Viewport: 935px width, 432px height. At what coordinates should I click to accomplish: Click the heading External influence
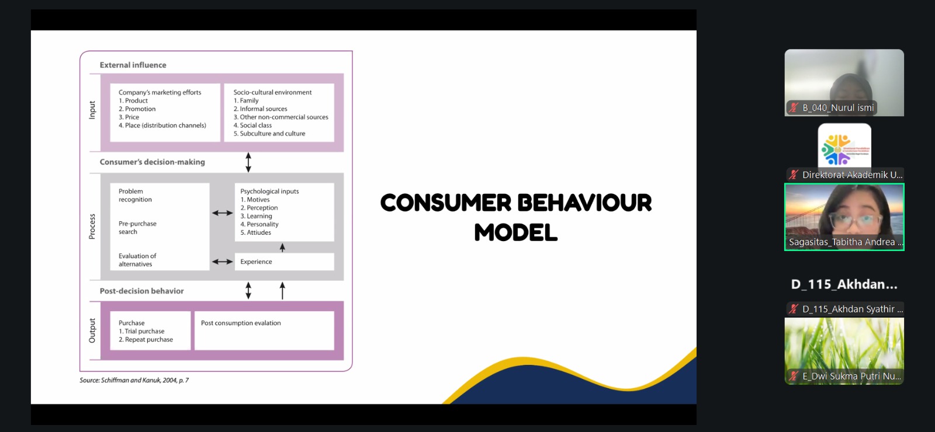133,65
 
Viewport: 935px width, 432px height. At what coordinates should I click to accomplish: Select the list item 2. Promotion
137,109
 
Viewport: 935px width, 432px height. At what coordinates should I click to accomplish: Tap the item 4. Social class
252,125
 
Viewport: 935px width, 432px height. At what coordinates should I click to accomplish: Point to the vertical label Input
92,110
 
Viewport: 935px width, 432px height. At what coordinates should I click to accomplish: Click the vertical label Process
92,227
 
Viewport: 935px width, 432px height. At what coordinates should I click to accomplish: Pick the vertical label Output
92,330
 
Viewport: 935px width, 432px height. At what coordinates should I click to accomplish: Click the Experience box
284,262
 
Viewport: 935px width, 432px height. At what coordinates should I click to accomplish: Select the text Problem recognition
135,195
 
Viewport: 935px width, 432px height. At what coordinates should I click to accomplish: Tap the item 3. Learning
256,216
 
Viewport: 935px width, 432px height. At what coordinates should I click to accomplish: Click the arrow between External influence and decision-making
248,162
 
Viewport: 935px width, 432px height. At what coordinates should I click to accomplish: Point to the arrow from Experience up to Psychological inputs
283,248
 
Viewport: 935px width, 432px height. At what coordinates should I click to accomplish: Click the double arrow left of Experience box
223,262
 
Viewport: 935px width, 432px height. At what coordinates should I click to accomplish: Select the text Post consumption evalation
241,323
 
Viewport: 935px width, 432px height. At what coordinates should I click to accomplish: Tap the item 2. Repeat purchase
146,339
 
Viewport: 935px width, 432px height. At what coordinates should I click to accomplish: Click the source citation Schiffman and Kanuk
134,380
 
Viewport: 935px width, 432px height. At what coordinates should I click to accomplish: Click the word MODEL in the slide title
516,233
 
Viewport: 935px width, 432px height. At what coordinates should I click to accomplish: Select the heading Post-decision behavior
141,291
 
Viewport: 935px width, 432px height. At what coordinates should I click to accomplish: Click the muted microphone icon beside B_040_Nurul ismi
794,107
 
